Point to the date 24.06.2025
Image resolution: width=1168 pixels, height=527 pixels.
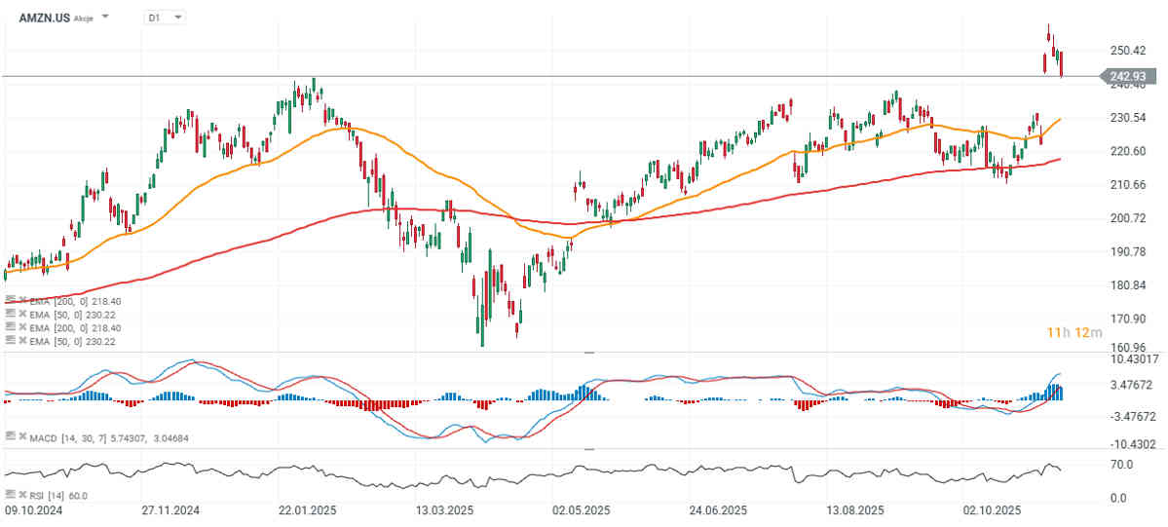[718, 510]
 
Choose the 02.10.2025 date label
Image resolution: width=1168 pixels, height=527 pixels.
[991, 510]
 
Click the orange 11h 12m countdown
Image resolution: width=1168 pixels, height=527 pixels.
[1073, 333]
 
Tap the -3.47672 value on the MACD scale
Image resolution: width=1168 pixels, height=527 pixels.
[1130, 416]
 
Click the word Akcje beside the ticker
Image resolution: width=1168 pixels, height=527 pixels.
[84, 19]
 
